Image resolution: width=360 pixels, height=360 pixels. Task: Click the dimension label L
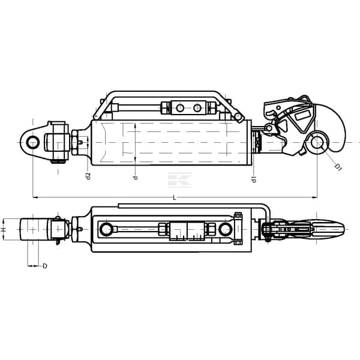pyautogui.click(x=175, y=197)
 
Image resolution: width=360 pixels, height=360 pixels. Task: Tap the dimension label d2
pyautogui.click(x=88, y=176)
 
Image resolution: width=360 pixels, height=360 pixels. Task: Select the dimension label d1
pyautogui.click(x=254, y=179)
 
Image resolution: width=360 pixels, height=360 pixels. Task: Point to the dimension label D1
pyautogui.click(x=338, y=167)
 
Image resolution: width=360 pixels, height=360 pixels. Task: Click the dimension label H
pyautogui.click(x=3, y=230)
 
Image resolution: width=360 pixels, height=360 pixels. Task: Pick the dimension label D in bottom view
pyautogui.click(x=45, y=266)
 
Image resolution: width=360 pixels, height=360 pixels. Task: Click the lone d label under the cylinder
pyautogui.click(x=136, y=178)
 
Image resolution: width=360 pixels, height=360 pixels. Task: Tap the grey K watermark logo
pyautogui.click(x=180, y=180)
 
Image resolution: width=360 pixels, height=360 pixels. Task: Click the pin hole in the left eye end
pyautogui.click(x=33, y=142)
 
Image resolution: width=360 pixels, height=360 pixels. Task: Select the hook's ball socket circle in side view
pyautogui.click(x=317, y=142)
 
